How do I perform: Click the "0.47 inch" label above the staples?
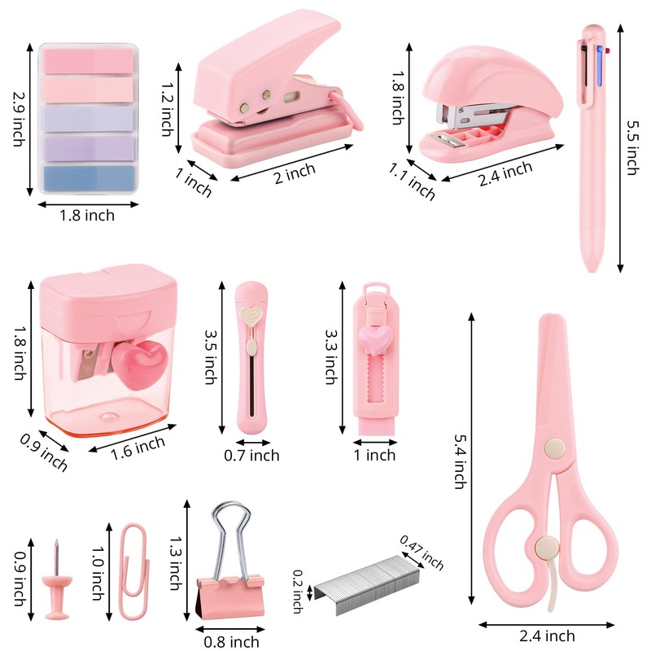[422, 553]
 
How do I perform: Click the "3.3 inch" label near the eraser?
[330, 356]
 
